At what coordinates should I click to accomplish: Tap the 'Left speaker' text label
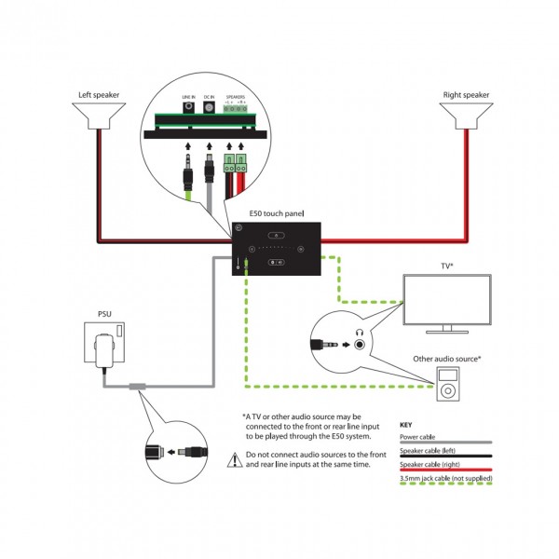(x=98, y=94)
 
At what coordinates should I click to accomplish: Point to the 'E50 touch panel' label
(x=277, y=214)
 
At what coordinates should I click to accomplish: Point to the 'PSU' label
(x=104, y=314)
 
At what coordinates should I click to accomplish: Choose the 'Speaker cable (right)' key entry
(x=430, y=463)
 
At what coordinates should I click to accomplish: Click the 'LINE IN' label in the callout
(x=187, y=97)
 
